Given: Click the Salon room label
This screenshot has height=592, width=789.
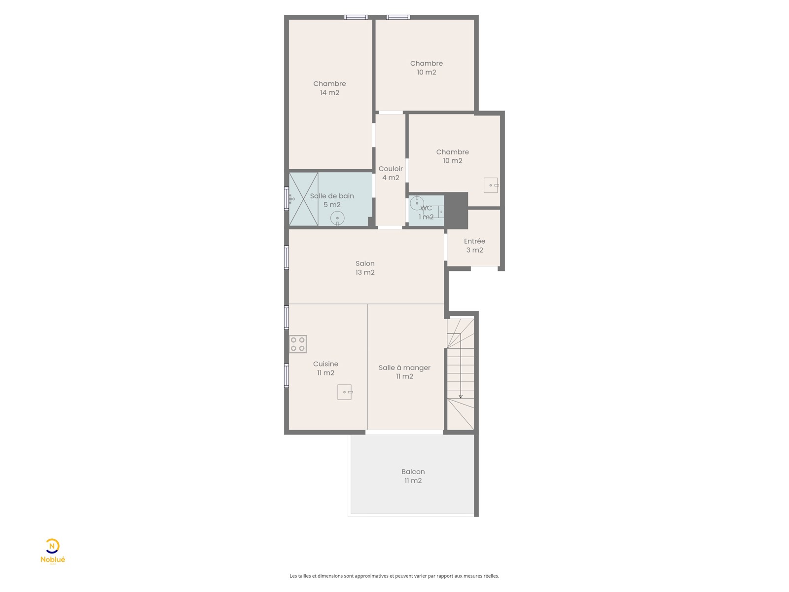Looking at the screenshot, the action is pos(365,268).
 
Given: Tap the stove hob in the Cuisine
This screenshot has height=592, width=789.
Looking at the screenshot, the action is pos(298,344).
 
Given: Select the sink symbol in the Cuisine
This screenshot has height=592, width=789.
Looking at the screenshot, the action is pos(345,392).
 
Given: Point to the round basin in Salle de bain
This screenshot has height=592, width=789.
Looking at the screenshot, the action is pos(337,219).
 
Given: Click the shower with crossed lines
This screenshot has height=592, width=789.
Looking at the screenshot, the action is pos(303,199).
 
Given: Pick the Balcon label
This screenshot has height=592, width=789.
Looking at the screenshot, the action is pos(413,476).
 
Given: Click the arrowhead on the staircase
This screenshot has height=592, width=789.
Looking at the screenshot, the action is pos(461,397).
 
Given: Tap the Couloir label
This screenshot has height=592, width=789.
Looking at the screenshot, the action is pos(391,173).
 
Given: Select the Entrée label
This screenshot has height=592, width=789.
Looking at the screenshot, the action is pos(474,246).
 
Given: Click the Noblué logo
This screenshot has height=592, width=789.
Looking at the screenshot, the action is pos(53,552).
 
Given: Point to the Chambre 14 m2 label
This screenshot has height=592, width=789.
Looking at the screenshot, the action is pos(329,88).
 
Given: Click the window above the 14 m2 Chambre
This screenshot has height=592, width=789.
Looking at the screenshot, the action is pos(356,17).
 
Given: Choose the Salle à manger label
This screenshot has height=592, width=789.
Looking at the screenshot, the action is pos(404,371).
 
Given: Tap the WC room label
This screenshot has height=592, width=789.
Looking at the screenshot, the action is pos(426,213).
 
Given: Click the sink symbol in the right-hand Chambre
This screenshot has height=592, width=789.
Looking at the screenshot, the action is pos(491,185).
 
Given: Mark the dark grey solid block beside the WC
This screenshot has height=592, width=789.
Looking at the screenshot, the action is pos(456,211).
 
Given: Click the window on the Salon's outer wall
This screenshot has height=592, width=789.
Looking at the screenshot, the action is pos(287,258).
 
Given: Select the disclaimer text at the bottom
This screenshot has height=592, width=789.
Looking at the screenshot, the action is pos(394,576).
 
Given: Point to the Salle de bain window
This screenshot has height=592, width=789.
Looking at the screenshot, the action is pos(287,198).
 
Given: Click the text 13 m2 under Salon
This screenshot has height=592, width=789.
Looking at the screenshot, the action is pos(365,272).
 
